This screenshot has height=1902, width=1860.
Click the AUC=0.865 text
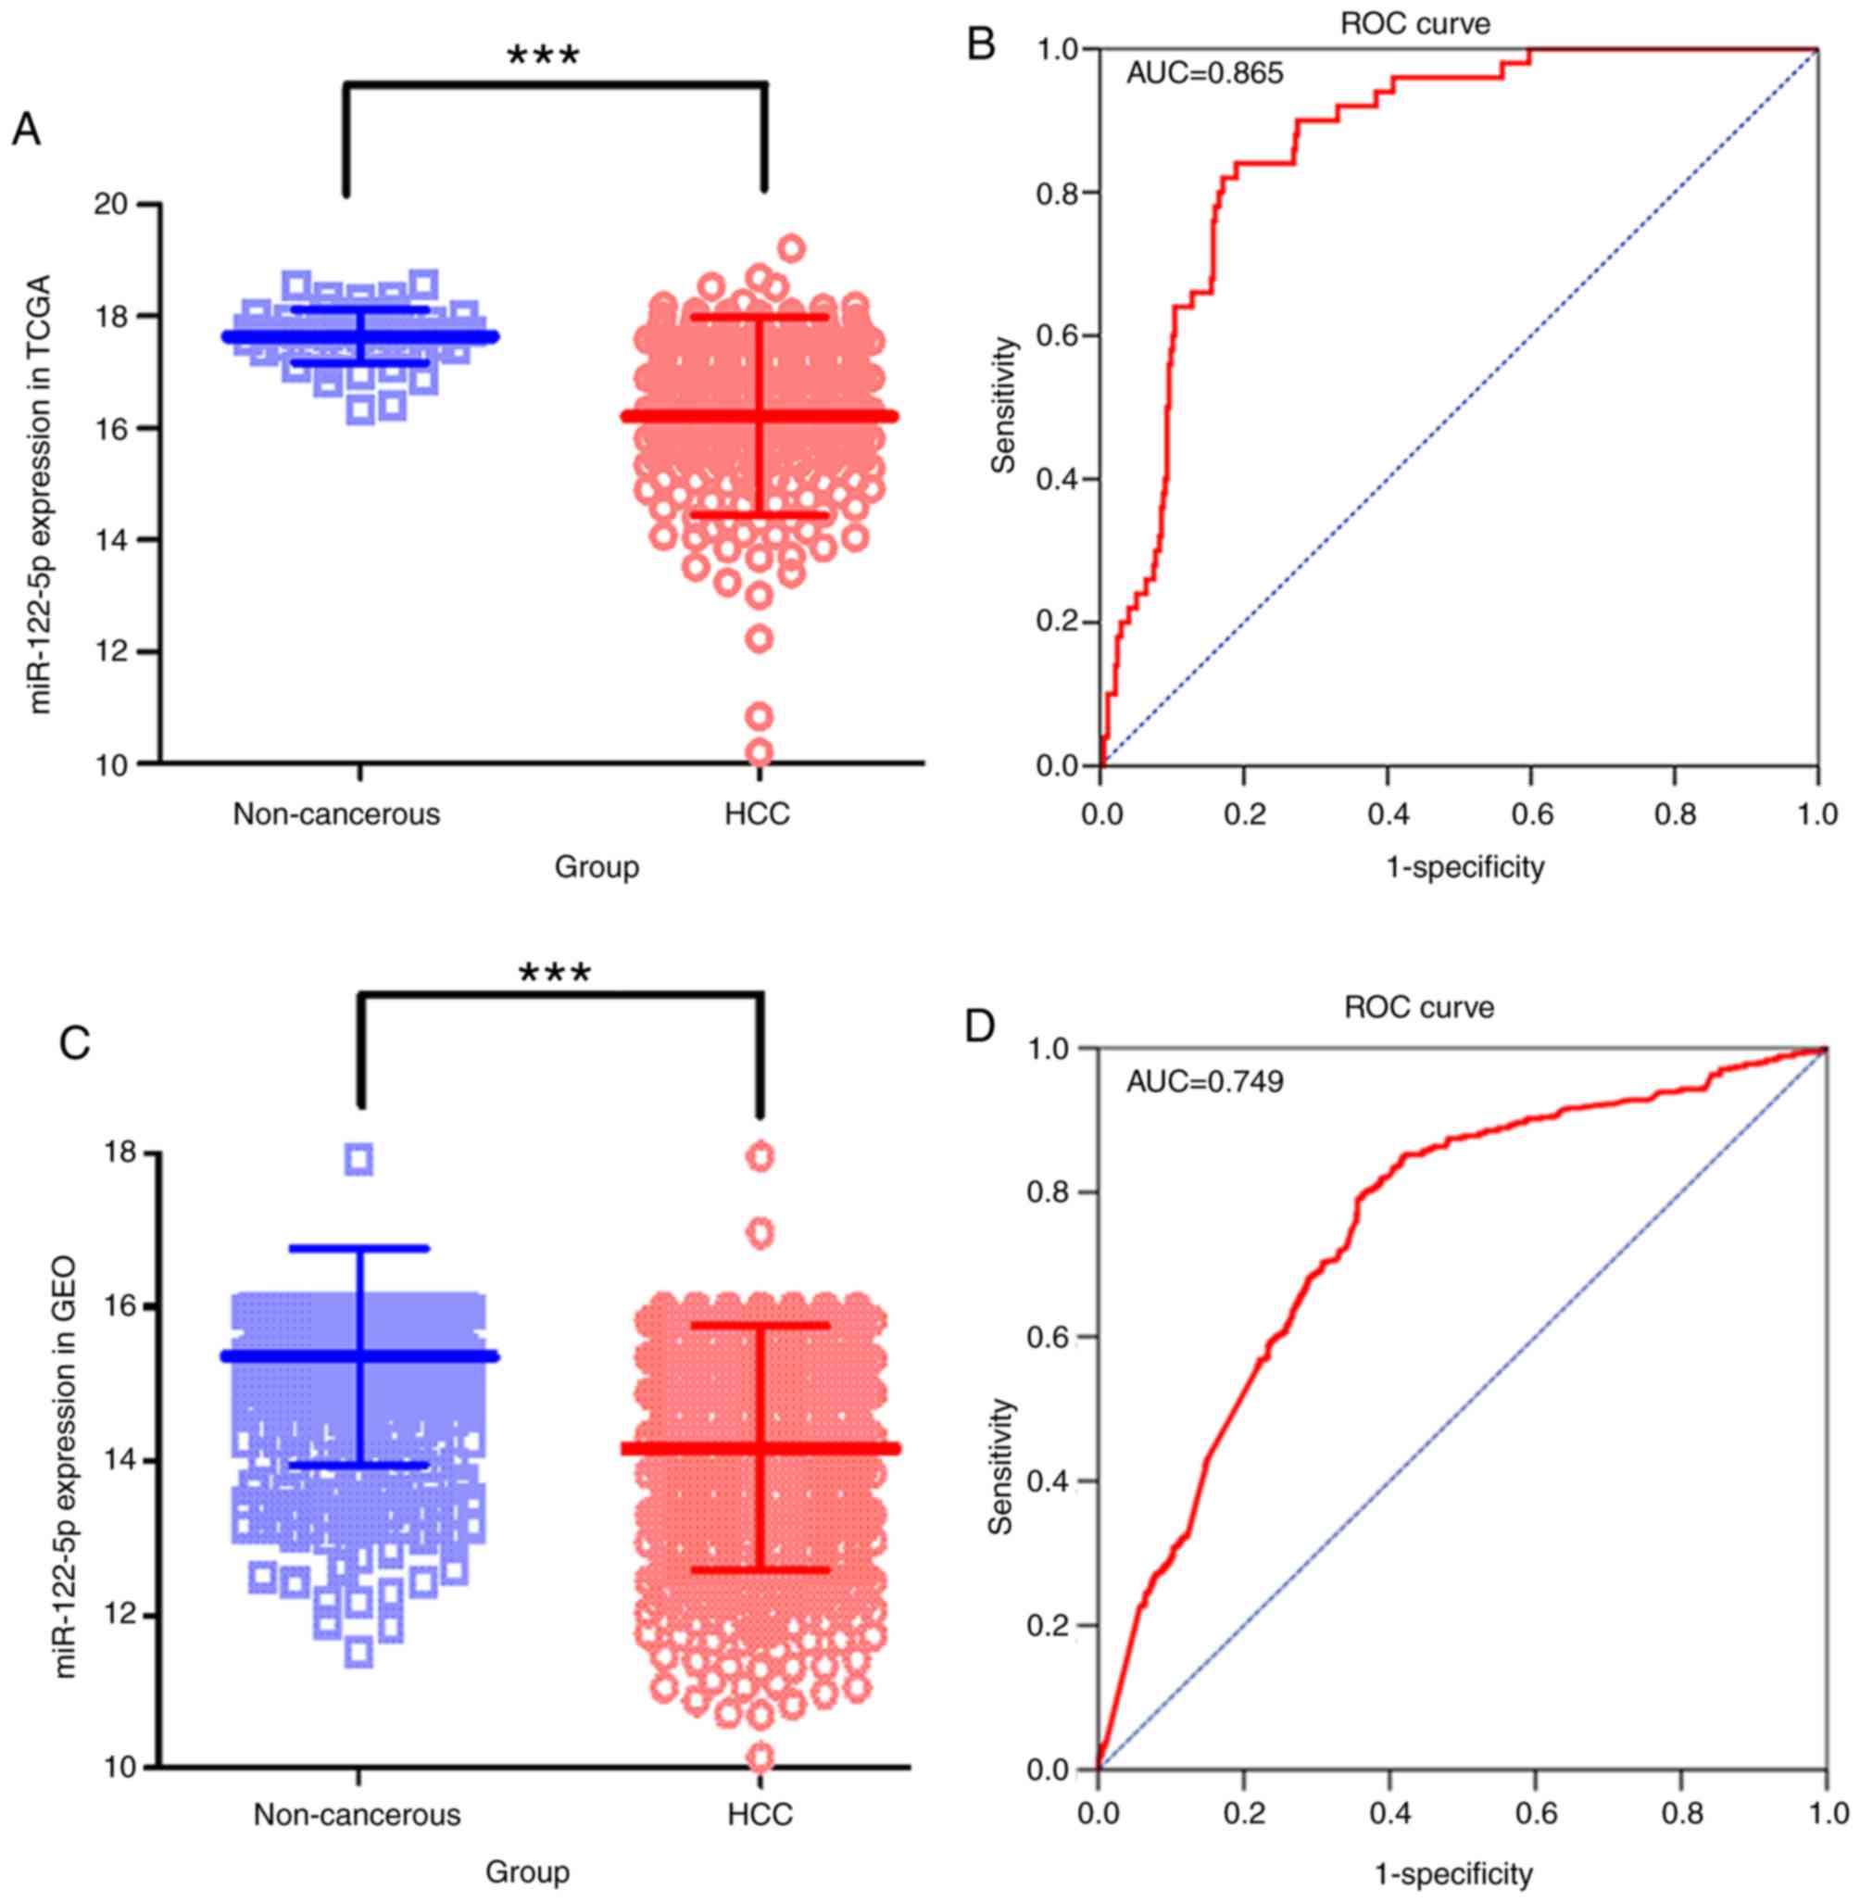(1204, 73)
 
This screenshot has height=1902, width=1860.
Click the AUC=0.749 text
(1204, 1081)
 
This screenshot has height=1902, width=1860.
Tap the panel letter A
(26, 130)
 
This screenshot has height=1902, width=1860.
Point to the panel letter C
(75, 1043)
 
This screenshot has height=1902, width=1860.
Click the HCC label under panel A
(757, 813)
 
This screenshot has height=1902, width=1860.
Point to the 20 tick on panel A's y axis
(114, 205)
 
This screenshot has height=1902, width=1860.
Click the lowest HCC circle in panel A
(759, 752)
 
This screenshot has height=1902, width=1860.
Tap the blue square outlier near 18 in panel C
(359, 1160)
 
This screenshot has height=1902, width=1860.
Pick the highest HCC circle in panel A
(791, 248)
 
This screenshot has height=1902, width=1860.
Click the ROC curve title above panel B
(1414, 23)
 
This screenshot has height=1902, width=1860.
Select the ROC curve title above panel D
(1418, 1007)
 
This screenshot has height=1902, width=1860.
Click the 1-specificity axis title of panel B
(1465, 866)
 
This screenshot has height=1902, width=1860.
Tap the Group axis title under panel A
(597, 866)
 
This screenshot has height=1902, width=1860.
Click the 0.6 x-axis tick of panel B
(1531, 813)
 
